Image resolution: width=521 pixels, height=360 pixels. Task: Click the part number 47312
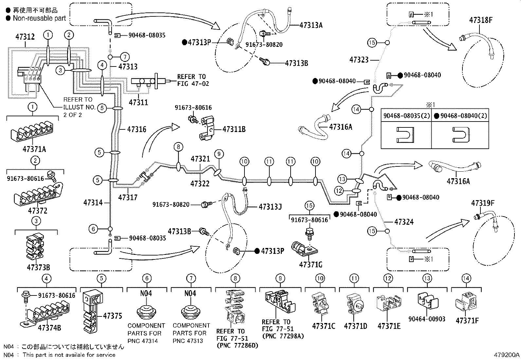(x=25, y=37)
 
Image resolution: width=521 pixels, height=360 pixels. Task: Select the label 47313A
(x=311, y=25)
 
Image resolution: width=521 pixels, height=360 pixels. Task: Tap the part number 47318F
(x=481, y=20)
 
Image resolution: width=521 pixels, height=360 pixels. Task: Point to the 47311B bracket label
(x=234, y=129)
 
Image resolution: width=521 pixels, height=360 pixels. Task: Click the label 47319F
(x=483, y=203)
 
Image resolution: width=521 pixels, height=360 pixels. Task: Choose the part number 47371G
(x=311, y=265)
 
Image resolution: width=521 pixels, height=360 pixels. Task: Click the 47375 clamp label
(x=113, y=316)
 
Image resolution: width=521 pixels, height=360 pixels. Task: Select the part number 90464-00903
(x=427, y=319)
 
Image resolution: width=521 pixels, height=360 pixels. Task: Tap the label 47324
(x=404, y=222)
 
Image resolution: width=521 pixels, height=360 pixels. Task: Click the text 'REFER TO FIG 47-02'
(x=193, y=80)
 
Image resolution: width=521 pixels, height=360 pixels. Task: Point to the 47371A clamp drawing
(x=32, y=132)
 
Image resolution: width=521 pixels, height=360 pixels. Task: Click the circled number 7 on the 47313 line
(x=125, y=57)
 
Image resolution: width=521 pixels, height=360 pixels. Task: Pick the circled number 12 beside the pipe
(x=339, y=191)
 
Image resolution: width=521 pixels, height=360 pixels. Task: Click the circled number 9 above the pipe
(x=219, y=154)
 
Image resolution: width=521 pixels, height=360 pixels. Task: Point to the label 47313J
(x=270, y=207)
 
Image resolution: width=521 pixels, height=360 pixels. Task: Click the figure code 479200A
(x=507, y=355)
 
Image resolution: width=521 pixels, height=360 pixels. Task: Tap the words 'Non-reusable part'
(x=39, y=18)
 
